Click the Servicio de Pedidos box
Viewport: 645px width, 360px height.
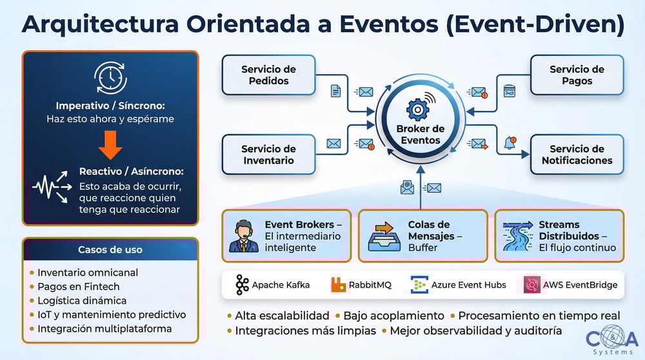click(x=268, y=75)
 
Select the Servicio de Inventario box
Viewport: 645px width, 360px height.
click(x=268, y=155)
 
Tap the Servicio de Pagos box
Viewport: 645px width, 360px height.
click(x=577, y=75)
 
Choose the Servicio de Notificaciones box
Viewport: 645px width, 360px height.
click(x=577, y=155)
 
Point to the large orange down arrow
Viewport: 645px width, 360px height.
click(x=110, y=145)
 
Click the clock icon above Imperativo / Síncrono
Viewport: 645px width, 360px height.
click(x=110, y=77)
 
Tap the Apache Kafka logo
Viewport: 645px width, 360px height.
click(x=243, y=285)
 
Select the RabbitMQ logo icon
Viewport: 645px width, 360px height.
click(x=339, y=285)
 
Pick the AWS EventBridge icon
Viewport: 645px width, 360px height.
click(x=532, y=285)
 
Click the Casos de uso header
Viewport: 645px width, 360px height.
click(x=110, y=250)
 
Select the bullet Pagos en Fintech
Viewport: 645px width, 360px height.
click(x=78, y=286)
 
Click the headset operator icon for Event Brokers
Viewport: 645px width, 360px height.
click(x=243, y=236)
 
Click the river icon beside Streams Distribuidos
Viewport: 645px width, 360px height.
click(x=518, y=236)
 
